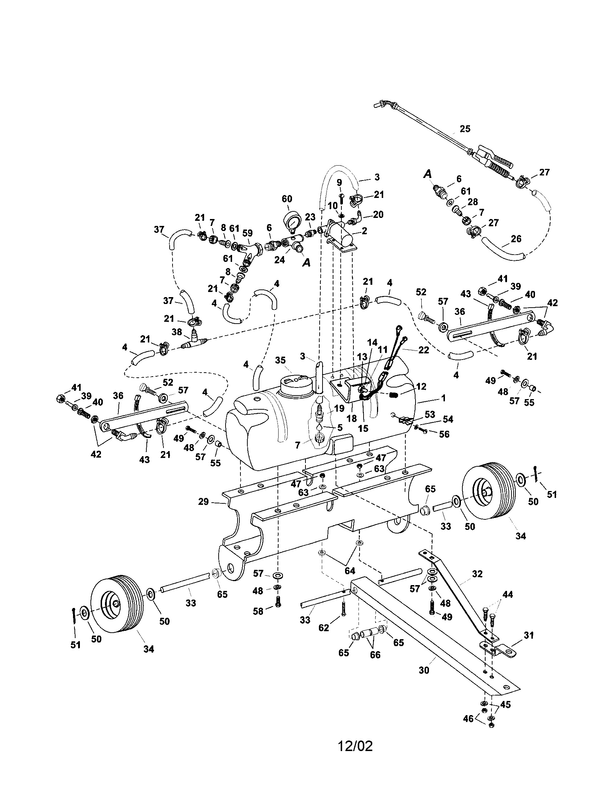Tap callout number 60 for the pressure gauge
click(287, 199)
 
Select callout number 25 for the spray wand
click(465, 129)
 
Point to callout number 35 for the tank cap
click(280, 360)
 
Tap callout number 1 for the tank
click(443, 398)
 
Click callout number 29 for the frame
click(203, 502)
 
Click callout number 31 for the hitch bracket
click(528, 636)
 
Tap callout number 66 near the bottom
click(375, 654)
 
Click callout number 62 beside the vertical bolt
click(324, 628)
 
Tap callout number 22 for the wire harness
click(424, 350)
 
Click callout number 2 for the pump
click(364, 231)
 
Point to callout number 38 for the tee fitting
click(177, 332)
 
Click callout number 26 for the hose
click(516, 239)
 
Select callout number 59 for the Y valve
click(248, 233)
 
